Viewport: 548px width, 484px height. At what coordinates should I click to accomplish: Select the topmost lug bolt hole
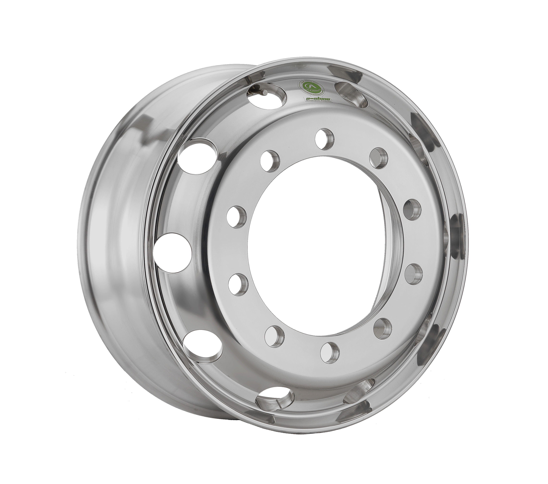tap(325, 139)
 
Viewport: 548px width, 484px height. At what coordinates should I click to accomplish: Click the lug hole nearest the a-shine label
tap(325, 139)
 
